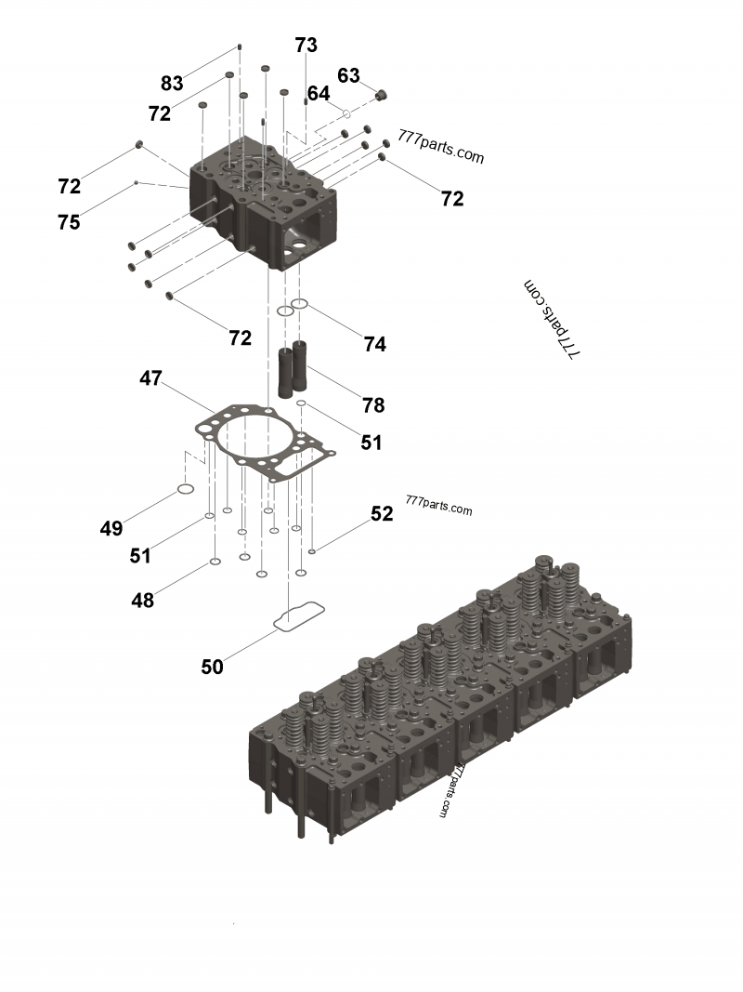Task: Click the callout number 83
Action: pos(172,84)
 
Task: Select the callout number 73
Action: pos(306,45)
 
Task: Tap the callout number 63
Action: pos(348,75)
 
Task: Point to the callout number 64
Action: pos(319,94)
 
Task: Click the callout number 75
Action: pos(69,222)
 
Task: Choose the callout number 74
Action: pos(374,344)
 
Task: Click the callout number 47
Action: pos(151,378)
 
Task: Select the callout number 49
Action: pos(111,529)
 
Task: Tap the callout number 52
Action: pos(382,513)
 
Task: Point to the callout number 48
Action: pos(142,601)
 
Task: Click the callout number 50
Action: pos(213,667)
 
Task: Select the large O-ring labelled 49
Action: pos(185,490)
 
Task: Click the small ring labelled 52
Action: pos(312,551)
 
